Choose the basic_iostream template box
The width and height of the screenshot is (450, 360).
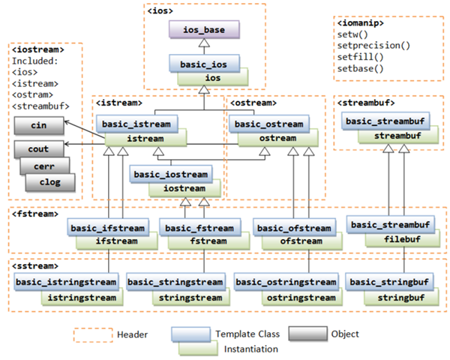point(170,174)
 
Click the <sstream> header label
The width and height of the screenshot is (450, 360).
point(35,265)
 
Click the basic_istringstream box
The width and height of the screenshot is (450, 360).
point(65,282)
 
